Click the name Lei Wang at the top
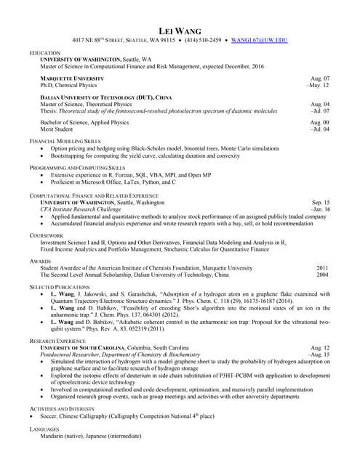click(x=180, y=30)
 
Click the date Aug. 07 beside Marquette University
click(x=320, y=78)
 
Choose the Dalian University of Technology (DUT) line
click(x=106, y=97)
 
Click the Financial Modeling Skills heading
click(x=65, y=140)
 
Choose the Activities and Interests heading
click(x=61, y=410)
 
